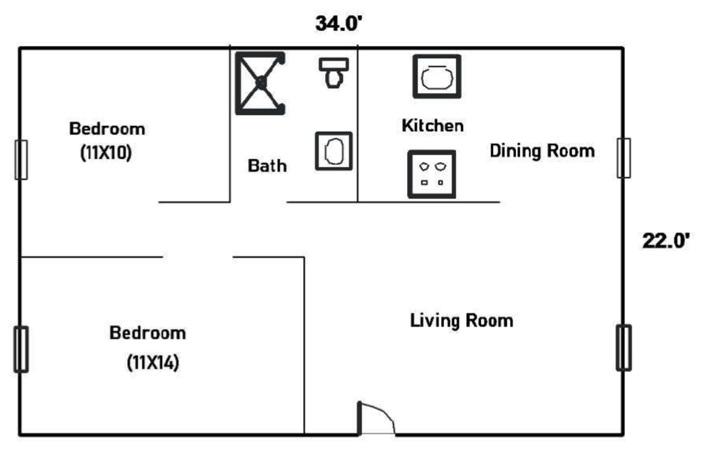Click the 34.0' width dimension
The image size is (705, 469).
(x=338, y=24)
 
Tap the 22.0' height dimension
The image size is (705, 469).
(x=665, y=241)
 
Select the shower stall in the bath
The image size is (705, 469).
(x=260, y=83)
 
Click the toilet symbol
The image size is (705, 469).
(x=334, y=73)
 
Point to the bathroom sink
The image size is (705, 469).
(x=334, y=151)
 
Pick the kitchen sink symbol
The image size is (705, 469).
(x=437, y=77)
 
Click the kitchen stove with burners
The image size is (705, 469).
(x=432, y=174)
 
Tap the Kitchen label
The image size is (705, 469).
(x=433, y=125)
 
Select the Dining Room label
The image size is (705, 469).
(x=542, y=151)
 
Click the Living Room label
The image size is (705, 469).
(x=461, y=320)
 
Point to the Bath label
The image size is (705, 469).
(x=267, y=166)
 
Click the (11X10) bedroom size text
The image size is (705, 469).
(x=106, y=153)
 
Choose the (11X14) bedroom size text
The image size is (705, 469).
(x=153, y=362)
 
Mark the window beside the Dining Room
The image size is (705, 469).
(x=624, y=158)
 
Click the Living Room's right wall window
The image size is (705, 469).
(x=624, y=348)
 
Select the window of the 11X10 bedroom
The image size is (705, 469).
(x=21, y=159)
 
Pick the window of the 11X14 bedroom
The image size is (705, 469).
(x=21, y=349)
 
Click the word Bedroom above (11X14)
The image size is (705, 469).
(x=147, y=333)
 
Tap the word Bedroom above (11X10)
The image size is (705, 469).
(x=107, y=129)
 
